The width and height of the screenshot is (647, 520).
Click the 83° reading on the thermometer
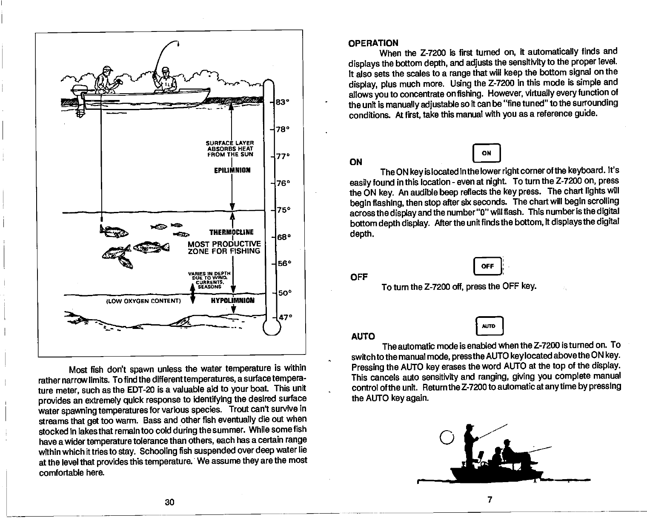point(283,103)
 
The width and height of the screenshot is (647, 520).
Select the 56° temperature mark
point(283,263)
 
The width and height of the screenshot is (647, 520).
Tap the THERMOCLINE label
point(232,232)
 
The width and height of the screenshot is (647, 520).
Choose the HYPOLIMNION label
point(233,300)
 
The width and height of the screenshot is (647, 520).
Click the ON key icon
point(487,154)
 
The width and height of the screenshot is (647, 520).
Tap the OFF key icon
point(487,267)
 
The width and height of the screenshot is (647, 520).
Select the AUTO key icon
point(489,326)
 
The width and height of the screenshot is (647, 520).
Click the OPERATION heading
point(373,43)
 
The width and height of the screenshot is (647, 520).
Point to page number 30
point(169,502)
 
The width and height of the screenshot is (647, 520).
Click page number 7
point(490,500)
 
